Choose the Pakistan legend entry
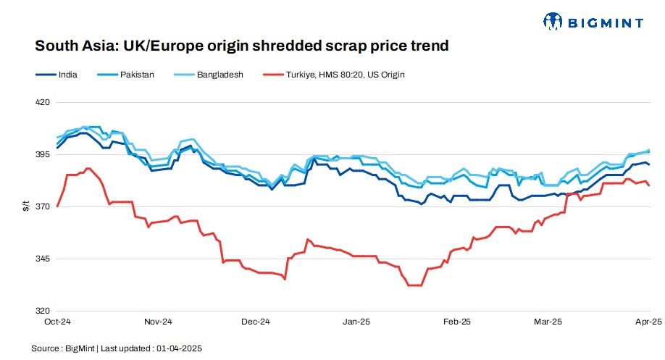point(134,75)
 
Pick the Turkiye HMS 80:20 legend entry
point(343,75)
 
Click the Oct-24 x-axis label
point(56,321)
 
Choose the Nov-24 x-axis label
point(157,321)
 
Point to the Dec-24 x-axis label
point(255,321)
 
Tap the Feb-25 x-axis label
point(457,321)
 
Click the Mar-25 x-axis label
point(548,321)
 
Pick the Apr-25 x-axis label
point(648,321)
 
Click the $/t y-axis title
point(26,206)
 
